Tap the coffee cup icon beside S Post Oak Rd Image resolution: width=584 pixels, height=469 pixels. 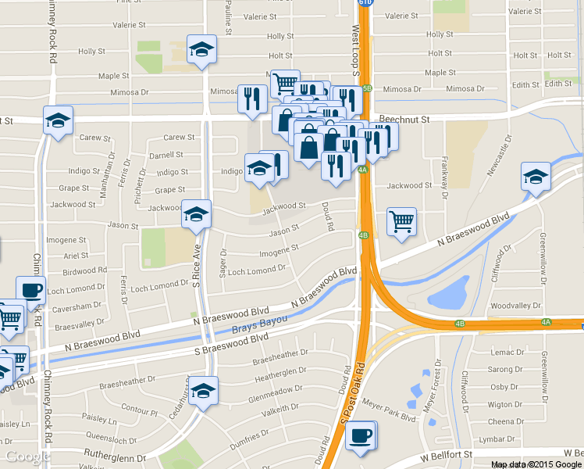click(x=360, y=436)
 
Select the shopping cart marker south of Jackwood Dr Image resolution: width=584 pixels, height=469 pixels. click(x=401, y=221)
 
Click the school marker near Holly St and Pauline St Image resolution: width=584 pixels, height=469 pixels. click(x=202, y=50)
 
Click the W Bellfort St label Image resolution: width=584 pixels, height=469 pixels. click(x=447, y=454)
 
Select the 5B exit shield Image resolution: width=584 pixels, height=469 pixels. click(x=368, y=88)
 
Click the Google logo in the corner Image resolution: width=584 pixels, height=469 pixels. click(x=28, y=457)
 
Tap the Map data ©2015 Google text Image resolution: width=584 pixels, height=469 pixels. click(x=536, y=464)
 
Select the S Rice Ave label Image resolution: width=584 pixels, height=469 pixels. click(x=198, y=261)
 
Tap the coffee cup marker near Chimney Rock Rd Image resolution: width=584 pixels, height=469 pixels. click(x=31, y=290)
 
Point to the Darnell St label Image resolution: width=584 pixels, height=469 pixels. click(x=166, y=155)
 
